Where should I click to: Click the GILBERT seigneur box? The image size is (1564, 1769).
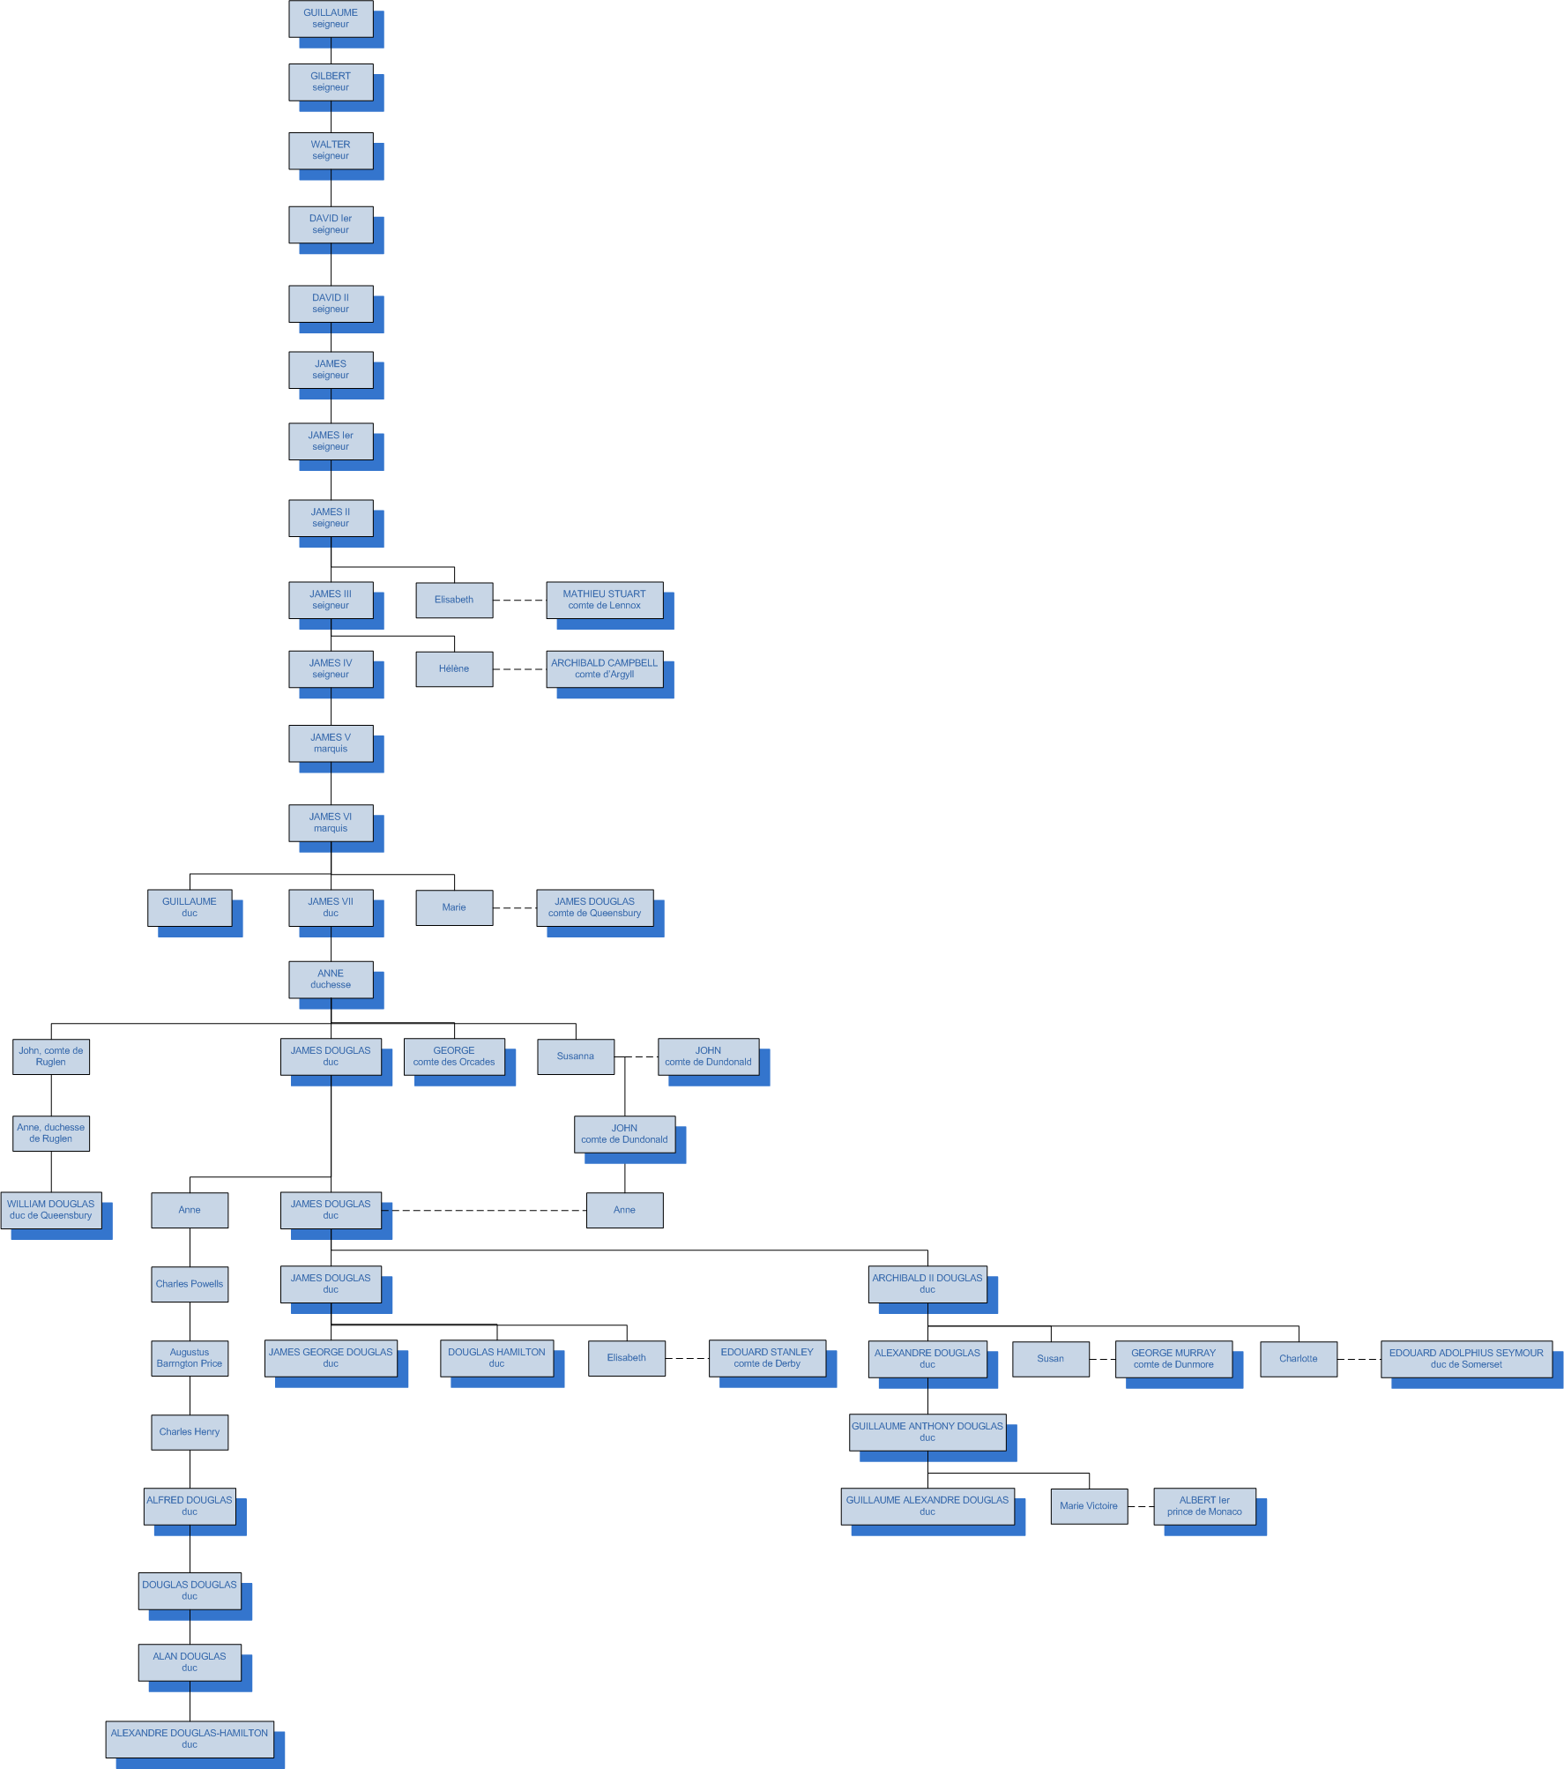331,82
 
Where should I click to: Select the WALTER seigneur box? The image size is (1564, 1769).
331,151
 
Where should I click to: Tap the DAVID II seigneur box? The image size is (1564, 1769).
331,303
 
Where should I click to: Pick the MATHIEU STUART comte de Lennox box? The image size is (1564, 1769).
604,600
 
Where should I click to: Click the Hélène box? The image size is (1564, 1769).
454,669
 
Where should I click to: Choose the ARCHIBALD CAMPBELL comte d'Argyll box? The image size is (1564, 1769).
604,668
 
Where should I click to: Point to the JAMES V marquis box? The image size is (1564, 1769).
331,743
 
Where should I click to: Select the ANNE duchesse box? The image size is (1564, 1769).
331,980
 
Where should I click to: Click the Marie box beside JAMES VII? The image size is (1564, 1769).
454,907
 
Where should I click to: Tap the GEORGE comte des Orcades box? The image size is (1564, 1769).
454,1056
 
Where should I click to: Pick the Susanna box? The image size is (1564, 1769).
576,1056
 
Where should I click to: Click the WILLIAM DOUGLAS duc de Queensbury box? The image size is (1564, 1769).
51,1210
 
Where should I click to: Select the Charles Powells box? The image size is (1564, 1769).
190,1284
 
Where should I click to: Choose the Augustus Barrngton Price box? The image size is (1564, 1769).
190,1358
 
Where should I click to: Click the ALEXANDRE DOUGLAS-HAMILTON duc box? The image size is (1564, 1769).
190,1739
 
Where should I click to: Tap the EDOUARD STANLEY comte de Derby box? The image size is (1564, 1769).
767,1358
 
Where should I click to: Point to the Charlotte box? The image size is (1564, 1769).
1298,1359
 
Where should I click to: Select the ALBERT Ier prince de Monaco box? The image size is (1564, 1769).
1204,1506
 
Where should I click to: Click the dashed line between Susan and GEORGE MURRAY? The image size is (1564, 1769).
1102,1359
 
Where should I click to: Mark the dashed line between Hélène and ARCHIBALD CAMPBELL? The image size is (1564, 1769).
519,669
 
